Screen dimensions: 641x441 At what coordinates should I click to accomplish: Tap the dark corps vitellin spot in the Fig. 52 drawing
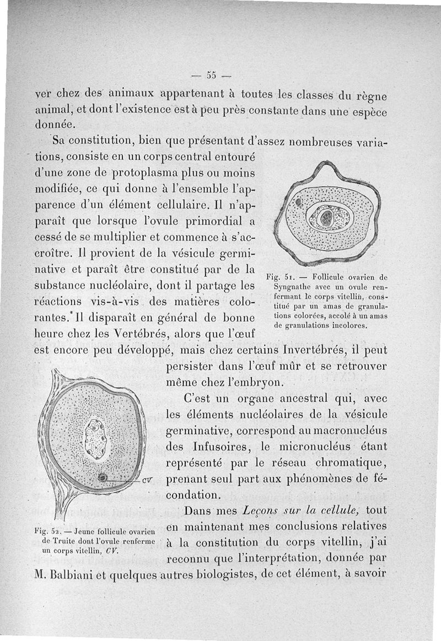103,477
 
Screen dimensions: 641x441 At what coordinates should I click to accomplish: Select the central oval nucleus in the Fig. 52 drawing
96,439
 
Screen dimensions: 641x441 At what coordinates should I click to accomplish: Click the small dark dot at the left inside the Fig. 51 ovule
298,202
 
